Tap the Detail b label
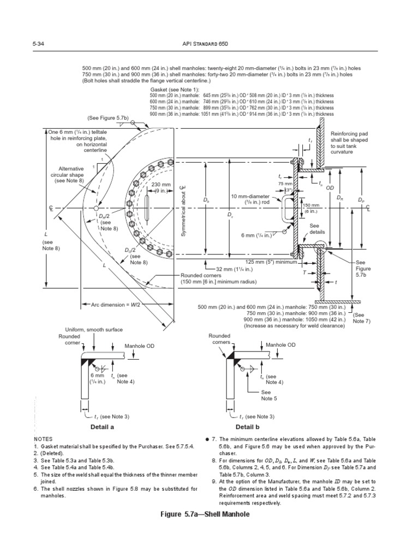247,426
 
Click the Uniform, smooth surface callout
93,330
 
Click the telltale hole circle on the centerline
96,209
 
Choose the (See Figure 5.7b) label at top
108,117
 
